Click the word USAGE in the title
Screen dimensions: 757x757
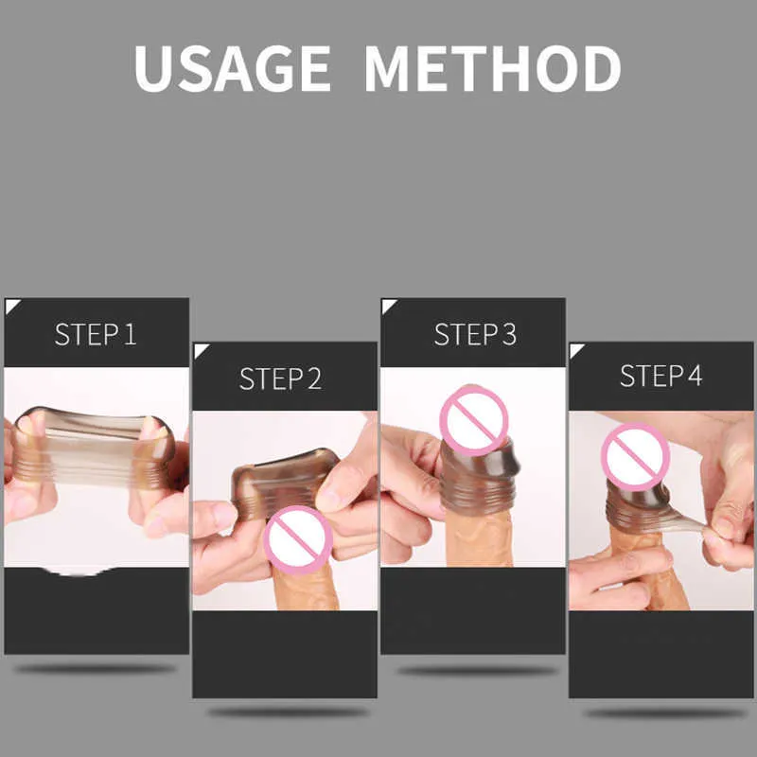(x=232, y=68)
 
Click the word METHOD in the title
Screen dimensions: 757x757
(x=492, y=68)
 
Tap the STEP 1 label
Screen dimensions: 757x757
(x=96, y=334)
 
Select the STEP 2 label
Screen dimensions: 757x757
(x=280, y=378)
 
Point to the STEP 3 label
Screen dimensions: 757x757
(x=475, y=334)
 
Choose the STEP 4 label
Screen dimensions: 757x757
(x=660, y=376)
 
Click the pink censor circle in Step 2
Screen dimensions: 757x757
(x=298, y=539)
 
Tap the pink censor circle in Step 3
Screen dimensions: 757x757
(x=474, y=420)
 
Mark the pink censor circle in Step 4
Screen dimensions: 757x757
(x=635, y=457)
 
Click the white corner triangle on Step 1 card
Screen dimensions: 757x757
(x=10, y=305)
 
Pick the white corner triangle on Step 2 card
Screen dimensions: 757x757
(x=200, y=349)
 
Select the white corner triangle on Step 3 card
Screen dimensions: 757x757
(x=387, y=305)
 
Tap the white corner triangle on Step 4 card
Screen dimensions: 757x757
(x=575, y=349)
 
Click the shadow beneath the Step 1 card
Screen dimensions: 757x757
(x=96, y=669)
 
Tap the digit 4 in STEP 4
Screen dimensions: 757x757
(x=695, y=376)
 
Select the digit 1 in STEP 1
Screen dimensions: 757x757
(x=131, y=334)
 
